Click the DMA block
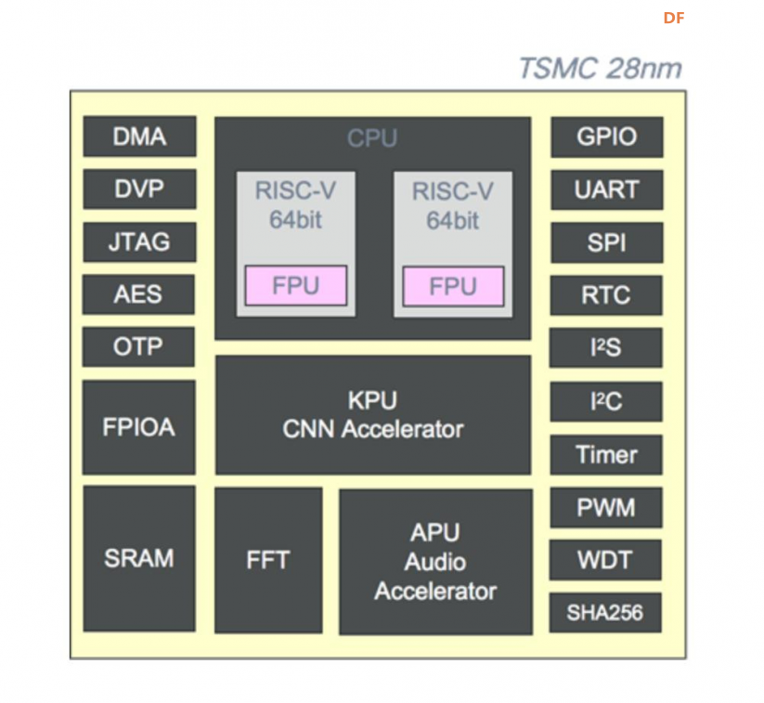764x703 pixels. coord(139,137)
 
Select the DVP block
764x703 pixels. coord(139,189)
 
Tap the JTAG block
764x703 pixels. coord(139,241)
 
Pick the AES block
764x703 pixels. coord(138,294)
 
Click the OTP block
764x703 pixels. coord(138,346)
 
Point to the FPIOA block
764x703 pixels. coord(139,427)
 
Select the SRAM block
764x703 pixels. coord(139,559)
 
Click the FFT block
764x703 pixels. coord(268,561)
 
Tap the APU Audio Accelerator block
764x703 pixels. coord(436,562)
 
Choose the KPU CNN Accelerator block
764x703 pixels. coord(373,415)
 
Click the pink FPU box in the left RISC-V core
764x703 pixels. coord(296,286)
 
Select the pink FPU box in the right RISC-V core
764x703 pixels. coord(454,286)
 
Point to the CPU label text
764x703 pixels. coord(372,138)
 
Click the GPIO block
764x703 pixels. coord(607,137)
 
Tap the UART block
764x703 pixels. coord(607,189)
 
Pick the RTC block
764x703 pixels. coord(606,295)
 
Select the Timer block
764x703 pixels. coord(606,455)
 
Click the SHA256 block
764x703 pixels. coord(605,613)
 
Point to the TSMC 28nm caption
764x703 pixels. coord(601,68)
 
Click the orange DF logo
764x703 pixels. coord(674,18)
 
